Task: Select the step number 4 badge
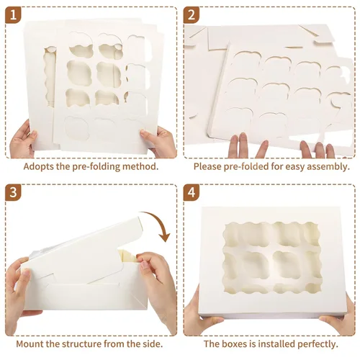click(192, 192)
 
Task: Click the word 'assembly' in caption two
click(328, 166)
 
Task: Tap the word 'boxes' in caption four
click(239, 344)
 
